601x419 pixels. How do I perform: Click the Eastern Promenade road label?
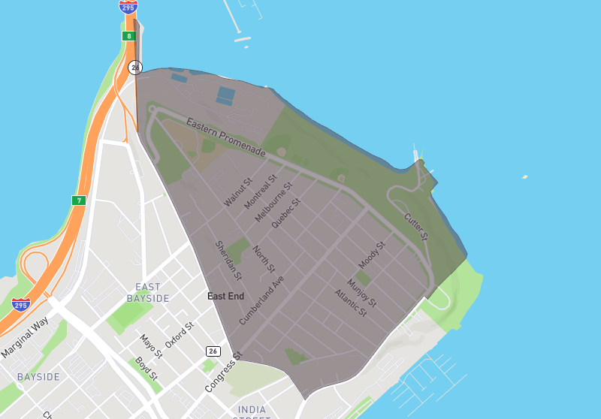[x=226, y=137]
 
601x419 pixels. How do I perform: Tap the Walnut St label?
[x=238, y=192]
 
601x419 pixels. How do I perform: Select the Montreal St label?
[x=260, y=191]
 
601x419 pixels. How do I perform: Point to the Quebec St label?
[x=285, y=213]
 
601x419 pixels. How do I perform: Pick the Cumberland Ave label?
[x=262, y=300]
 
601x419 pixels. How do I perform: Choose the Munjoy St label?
[x=361, y=294]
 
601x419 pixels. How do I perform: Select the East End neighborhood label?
[x=225, y=297]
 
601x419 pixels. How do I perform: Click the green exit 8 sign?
[x=129, y=35]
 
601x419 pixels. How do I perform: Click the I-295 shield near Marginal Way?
[x=21, y=305]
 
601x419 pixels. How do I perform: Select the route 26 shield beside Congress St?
[x=213, y=351]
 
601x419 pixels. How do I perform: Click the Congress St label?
[x=224, y=372]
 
